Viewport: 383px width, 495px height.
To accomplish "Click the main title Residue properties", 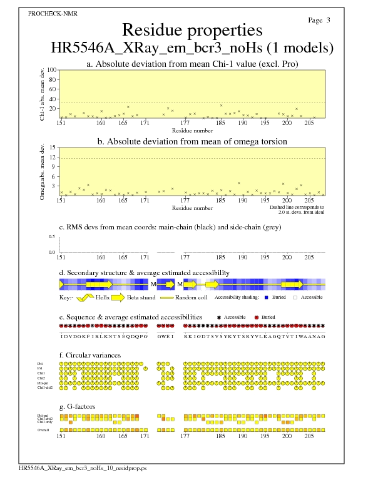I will coord(191,30).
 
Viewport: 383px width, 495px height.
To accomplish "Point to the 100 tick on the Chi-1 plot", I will coord(52,70).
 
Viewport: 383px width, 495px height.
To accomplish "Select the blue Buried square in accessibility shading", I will coord(267,297).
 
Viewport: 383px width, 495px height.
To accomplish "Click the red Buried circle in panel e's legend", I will coord(257,317).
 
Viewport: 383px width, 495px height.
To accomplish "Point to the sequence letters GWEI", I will coord(165,336).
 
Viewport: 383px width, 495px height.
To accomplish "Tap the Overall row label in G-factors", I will coord(44,430).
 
